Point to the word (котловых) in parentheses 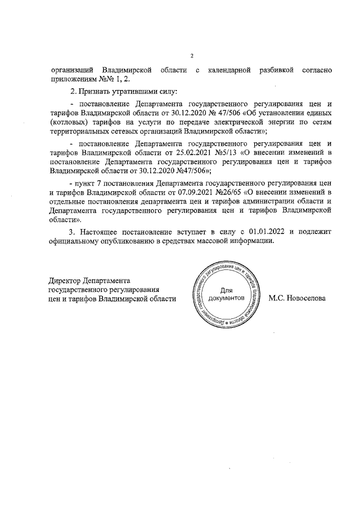point(69,120)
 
